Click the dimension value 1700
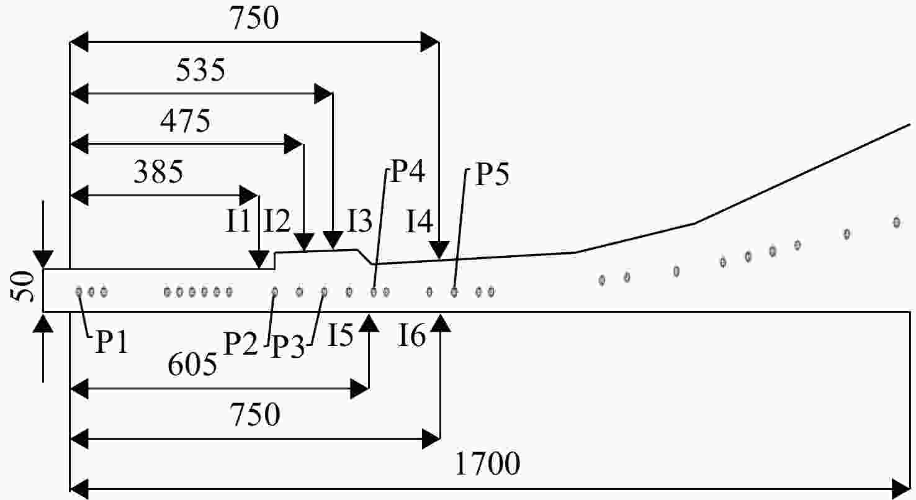[487, 464]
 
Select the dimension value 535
[200, 70]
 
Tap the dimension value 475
[185, 121]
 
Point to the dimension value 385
[159, 172]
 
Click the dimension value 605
[192, 364]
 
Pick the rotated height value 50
[23, 286]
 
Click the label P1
[112, 342]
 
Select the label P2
[241, 343]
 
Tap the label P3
[289, 347]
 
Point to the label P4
[408, 171]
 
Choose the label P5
[493, 175]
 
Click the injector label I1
[238, 221]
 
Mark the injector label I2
[277, 221]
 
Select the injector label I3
[360, 221]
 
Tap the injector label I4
[420, 221]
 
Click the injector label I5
[340, 335]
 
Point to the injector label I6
[412, 335]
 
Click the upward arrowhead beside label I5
[370, 323]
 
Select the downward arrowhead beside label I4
[439, 250]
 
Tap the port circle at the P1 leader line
[79, 292]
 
